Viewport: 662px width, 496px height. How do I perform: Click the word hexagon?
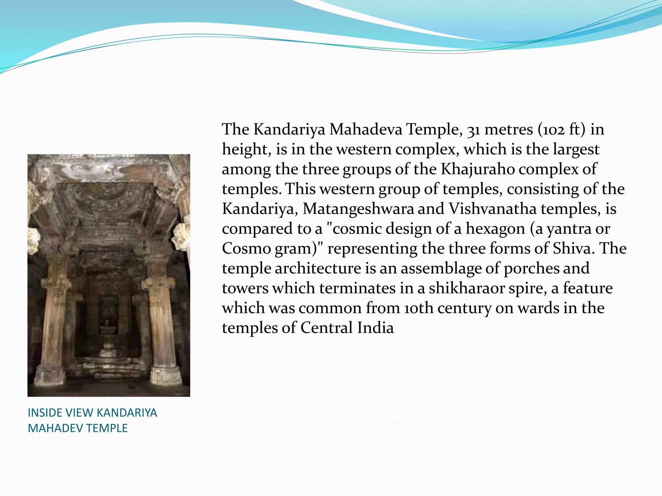pyautogui.click(x=495, y=229)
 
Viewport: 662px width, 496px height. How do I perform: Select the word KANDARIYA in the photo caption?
pyautogui.click(x=127, y=413)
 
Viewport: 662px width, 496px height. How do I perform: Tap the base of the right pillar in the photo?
pyautogui.click(x=166, y=376)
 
